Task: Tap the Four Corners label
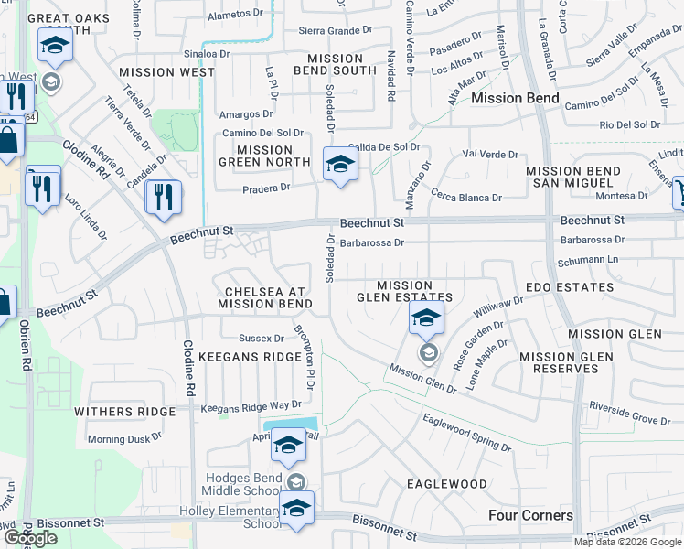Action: pyautogui.click(x=530, y=515)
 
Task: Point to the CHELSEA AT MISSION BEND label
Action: pyautogui.click(x=262, y=297)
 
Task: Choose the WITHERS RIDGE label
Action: pyautogui.click(x=124, y=412)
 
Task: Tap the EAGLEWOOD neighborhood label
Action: pyautogui.click(x=446, y=483)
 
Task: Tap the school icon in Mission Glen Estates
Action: pyautogui.click(x=426, y=318)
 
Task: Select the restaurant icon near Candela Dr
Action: pyautogui.click(x=163, y=198)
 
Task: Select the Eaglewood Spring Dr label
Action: pyautogui.click(x=466, y=433)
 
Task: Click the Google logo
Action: pyautogui.click(x=30, y=538)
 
